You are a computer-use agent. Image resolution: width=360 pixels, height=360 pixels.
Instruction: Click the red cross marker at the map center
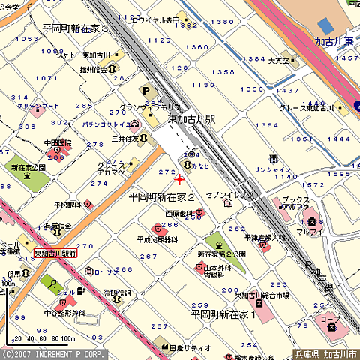pyautogui.click(x=178, y=180)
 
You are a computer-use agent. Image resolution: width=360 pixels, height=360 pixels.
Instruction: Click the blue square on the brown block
pyautogui.click(x=325, y=25)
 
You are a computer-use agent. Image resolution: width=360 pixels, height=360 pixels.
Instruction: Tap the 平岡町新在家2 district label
pyautogui.click(x=161, y=197)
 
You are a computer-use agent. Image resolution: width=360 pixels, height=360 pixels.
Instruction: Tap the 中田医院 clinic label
pyautogui.click(x=57, y=142)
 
